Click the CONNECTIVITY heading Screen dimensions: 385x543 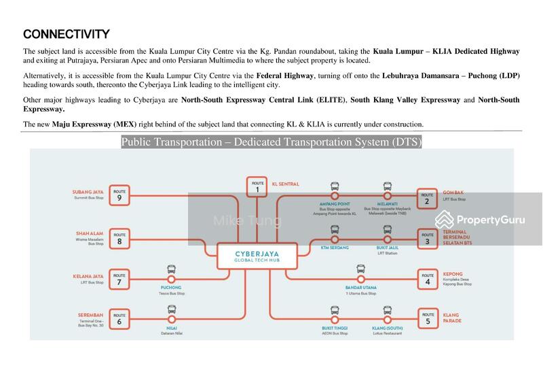[x=66, y=33]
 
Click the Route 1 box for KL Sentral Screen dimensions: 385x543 [x=257, y=186]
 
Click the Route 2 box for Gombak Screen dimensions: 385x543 [x=427, y=197]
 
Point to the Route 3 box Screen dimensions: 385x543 [x=427, y=238]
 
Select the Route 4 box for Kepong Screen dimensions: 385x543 [x=427, y=278]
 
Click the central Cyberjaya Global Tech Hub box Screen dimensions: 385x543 [x=257, y=257]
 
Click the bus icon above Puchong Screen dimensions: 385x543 [x=171, y=269]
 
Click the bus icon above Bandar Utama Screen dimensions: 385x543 [x=360, y=269]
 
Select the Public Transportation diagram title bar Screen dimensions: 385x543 [x=271, y=142]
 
